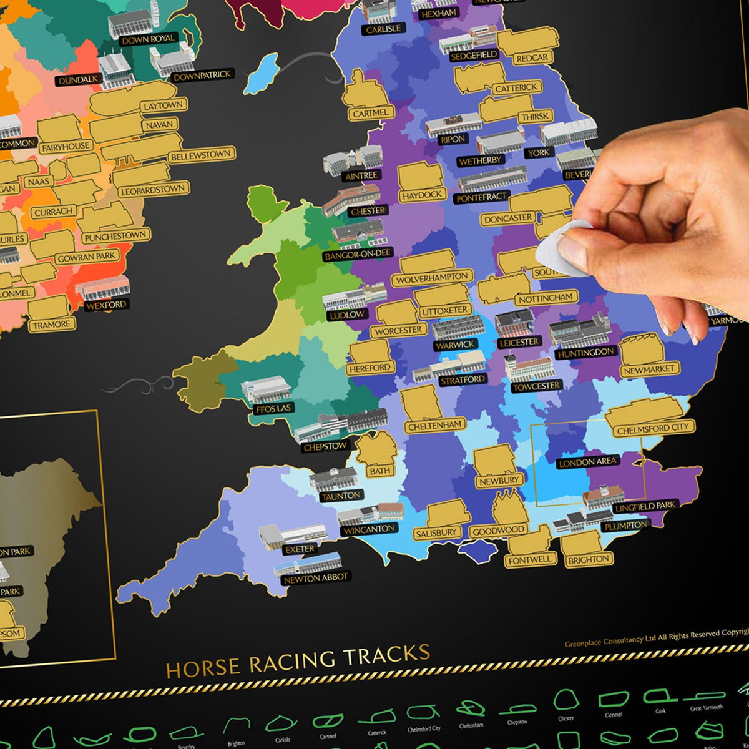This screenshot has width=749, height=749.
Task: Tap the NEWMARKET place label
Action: tap(649, 370)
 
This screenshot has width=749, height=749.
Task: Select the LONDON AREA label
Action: tap(588, 463)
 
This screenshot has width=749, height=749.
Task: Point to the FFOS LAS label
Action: tap(273, 408)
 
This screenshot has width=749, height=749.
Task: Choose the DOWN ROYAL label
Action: tap(149, 39)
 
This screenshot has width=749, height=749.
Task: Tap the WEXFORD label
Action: tap(106, 305)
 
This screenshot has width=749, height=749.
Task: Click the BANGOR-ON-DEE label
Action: tap(358, 254)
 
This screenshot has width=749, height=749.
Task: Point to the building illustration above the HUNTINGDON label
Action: tap(579, 331)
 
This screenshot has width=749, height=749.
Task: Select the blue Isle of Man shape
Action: tap(261, 74)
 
